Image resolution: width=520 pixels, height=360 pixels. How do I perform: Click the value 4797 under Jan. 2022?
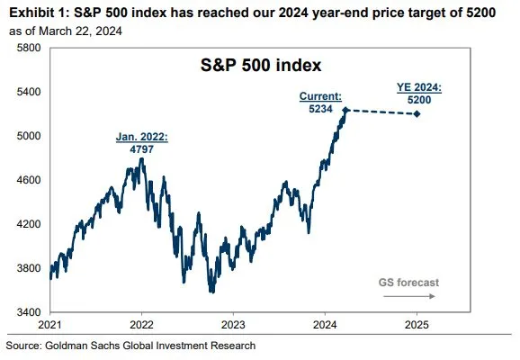click(139, 149)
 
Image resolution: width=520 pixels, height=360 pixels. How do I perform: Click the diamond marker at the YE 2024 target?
click(417, 114)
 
